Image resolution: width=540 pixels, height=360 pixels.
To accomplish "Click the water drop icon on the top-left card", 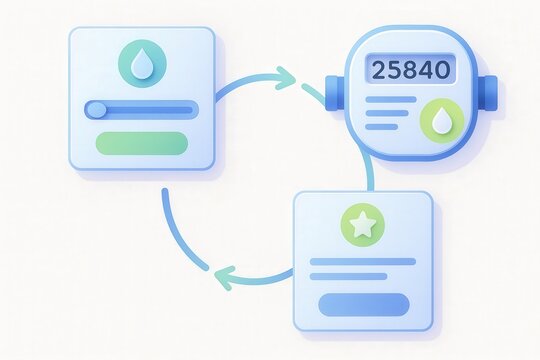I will (142, 64).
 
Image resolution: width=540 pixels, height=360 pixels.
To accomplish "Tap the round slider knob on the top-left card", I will (95, 110).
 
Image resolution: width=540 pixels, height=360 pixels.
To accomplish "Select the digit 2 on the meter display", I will (378, 70).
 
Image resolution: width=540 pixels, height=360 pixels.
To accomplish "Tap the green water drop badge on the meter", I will (440, 120).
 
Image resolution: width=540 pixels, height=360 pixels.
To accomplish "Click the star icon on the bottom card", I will (362, 225).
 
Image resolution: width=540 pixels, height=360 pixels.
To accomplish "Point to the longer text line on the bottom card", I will (362, 261).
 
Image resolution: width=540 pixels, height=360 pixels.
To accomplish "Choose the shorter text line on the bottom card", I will (348, 276).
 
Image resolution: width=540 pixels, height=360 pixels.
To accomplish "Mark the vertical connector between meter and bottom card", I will (369, 170).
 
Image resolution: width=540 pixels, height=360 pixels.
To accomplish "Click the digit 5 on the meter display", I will (394, 70).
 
